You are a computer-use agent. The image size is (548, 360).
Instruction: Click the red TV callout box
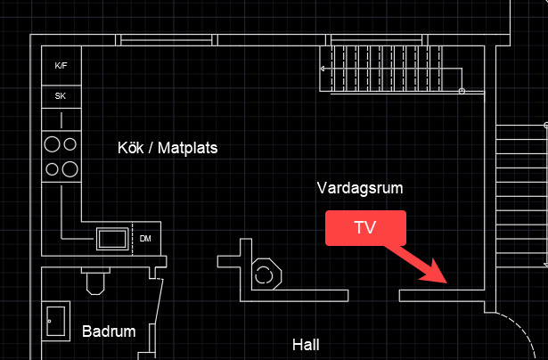click(365, 227)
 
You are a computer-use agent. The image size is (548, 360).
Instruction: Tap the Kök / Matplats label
click(168, 148)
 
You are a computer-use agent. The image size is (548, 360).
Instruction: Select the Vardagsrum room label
click(360, 188)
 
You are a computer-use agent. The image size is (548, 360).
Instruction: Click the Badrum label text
click(109, 331)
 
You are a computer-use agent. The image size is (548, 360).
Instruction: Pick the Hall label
click(306, 344)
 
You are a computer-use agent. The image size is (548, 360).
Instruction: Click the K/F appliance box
click(61, 66)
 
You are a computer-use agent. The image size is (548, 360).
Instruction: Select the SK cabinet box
click(61, 95)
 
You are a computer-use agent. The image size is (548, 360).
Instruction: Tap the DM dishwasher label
click(146, 238)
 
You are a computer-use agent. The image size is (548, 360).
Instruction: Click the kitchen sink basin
click(112, 238)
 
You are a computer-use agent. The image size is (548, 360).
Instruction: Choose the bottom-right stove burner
click(70, 168)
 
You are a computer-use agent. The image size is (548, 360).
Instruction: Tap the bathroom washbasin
click(55, 319)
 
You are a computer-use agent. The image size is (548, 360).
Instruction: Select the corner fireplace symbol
click(266, 274)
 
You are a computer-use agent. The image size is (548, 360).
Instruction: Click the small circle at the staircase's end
click(462, 92)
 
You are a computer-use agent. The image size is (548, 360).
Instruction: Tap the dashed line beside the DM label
click(133, 237)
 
